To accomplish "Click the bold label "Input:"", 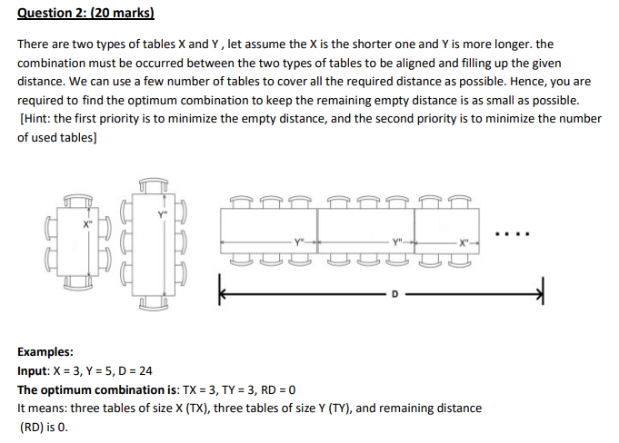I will tap(37, 371).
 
